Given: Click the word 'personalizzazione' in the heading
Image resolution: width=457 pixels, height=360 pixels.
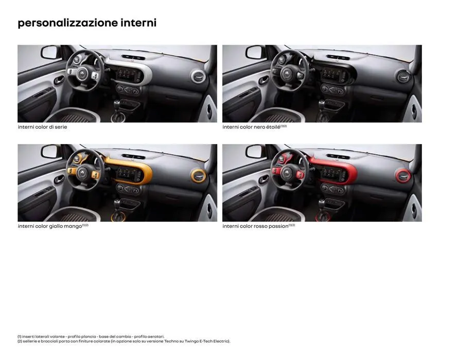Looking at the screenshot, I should [67, 23].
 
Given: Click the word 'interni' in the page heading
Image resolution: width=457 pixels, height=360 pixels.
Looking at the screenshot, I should [138, 23].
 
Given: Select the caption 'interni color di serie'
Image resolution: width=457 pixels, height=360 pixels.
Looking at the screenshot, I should [42, 127].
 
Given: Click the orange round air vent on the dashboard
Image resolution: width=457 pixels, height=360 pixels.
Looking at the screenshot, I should [198, 176].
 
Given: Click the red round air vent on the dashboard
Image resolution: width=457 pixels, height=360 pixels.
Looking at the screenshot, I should [402, 176].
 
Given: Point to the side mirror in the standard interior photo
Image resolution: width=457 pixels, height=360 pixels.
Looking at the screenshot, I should [50, 52].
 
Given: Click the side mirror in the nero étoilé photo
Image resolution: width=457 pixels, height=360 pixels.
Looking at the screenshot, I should [255, 52].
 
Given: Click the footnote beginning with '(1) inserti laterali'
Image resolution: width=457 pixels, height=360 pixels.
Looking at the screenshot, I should [91, 336].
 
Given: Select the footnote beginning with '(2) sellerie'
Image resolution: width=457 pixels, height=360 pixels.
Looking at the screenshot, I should [124, 341].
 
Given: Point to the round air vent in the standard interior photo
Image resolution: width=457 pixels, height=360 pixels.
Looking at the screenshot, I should [198, 77].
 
